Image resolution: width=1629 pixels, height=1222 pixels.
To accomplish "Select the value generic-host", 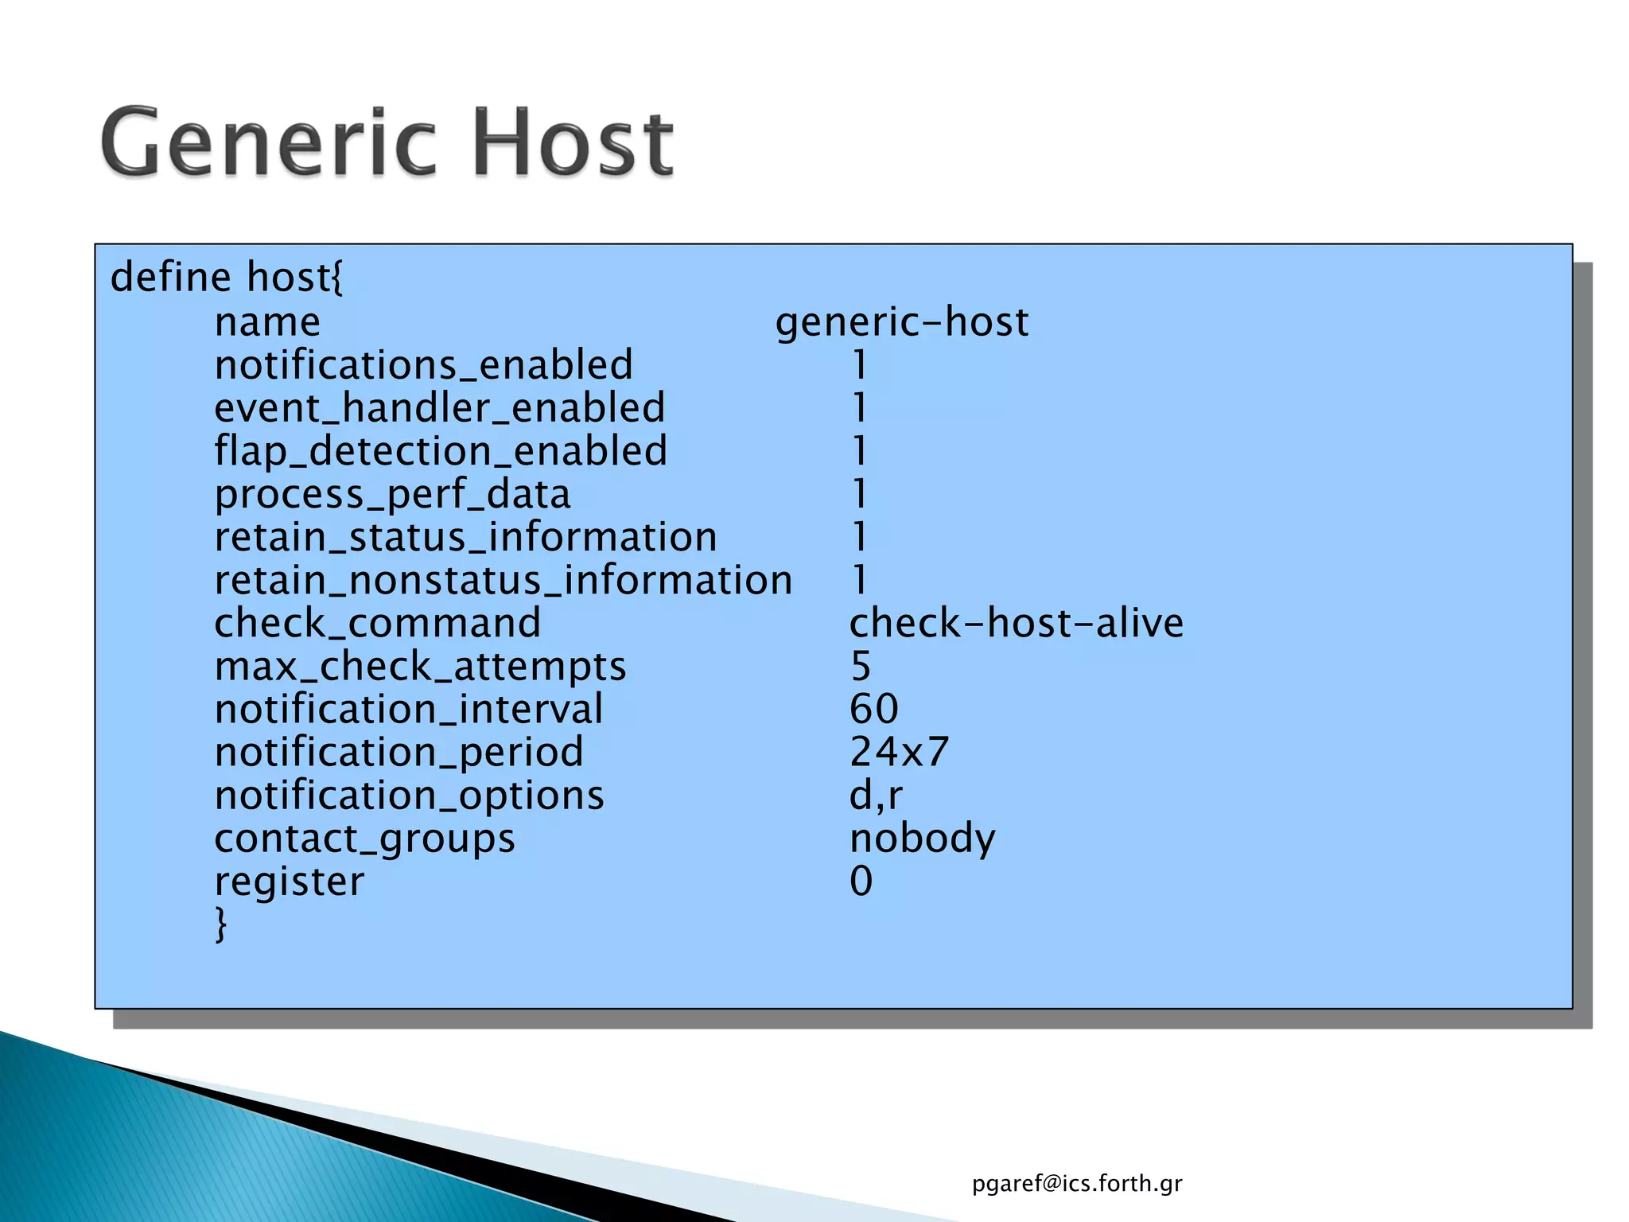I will [901, 322].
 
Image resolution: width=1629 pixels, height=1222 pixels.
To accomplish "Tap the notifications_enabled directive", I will [423, 365].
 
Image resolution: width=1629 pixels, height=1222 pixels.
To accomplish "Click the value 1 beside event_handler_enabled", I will [859, 408].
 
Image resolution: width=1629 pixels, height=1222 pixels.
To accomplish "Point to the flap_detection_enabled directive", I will [440, 451].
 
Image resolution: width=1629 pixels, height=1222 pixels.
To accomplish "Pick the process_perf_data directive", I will [392, 494].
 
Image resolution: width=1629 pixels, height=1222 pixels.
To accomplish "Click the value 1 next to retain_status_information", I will [859, 537].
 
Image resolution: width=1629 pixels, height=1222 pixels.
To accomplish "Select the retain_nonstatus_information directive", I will [503, 580].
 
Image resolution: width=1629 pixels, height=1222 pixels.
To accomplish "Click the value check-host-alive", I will [1016, 623].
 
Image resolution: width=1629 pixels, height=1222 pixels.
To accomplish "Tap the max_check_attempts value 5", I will [861, 666].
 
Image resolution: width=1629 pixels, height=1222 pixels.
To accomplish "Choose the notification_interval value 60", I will [873, 709].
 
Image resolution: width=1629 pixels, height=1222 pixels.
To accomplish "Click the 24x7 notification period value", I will [899, 752].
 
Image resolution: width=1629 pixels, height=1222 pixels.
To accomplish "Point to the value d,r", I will [875, 796].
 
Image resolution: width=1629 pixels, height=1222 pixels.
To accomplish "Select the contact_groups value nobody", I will [922, 839].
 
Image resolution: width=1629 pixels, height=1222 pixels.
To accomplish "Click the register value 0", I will [861, 881].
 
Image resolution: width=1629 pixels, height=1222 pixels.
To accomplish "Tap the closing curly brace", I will [221, 924].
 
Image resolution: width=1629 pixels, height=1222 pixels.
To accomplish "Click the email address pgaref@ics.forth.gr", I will [1076, 1184].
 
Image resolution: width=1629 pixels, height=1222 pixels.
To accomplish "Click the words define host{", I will [227, 278].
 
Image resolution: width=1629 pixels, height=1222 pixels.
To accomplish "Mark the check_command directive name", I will [377, 623].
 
